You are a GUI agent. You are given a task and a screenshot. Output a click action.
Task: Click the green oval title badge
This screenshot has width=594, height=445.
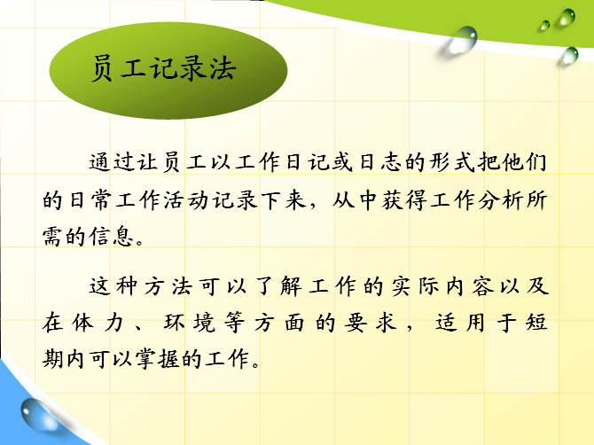[168, 70]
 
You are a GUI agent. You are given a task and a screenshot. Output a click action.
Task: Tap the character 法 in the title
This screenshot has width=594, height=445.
[223, 68]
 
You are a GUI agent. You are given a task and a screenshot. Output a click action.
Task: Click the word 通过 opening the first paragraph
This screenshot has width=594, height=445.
[113, 162]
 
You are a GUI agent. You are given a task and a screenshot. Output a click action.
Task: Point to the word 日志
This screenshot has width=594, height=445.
[380, 162]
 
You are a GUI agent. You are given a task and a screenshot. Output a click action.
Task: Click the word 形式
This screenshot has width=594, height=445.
[452, 162]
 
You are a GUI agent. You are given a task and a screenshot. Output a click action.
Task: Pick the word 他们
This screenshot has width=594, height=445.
[525, 162]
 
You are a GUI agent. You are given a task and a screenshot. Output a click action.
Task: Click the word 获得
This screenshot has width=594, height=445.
[403, 199]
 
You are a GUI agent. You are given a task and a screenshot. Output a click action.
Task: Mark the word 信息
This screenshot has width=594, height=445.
[112, 237]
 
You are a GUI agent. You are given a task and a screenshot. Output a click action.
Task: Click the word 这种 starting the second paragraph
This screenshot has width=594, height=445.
[113, 286]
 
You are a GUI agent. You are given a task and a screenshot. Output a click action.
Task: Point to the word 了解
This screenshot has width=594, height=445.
[278, 286]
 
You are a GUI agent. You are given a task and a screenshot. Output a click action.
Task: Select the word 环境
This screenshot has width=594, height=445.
[190, 323]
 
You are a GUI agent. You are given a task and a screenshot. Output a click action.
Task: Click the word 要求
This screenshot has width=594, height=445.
[371, 323]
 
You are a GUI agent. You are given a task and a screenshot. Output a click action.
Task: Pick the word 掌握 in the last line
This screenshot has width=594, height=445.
[158, 359]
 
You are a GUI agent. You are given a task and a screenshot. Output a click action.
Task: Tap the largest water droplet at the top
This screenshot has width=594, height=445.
[463, 39]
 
